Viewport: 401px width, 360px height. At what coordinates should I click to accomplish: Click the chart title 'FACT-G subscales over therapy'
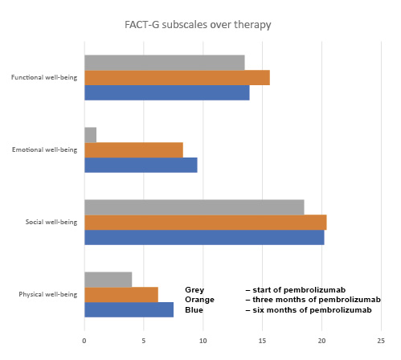(197, 25)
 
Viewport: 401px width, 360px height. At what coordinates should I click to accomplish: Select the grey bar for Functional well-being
(164, 62)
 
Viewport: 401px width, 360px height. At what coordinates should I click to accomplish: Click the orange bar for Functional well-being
(177, 77)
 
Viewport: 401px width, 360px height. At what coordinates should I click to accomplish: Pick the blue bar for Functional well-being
(166, 92)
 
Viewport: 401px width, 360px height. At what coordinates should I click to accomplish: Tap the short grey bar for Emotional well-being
(90, 134)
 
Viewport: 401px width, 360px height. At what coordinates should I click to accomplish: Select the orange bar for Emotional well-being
(133, 149)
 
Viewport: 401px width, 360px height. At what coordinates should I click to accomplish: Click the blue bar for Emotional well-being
(141, 165)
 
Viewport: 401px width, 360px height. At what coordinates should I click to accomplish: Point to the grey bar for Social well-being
(194, 207)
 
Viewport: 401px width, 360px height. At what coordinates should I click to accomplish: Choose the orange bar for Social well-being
(205, 222)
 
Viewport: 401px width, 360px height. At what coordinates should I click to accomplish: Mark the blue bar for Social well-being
(204, 237)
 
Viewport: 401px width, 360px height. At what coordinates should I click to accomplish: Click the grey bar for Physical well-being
(108, 279)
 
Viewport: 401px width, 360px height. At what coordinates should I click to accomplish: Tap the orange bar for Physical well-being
(121, 294)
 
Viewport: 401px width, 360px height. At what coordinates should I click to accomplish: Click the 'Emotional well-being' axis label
(45, 149)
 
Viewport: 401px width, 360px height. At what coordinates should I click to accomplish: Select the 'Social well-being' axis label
(50, 222)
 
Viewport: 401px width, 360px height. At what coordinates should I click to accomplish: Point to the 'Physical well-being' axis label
(47, 294)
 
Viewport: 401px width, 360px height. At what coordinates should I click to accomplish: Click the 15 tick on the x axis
(262, 340)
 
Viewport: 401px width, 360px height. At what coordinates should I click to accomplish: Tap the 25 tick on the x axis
(381, 340)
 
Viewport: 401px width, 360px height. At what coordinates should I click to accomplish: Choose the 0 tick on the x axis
(84, 340)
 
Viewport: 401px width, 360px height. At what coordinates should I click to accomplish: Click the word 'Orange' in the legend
(199, 300)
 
